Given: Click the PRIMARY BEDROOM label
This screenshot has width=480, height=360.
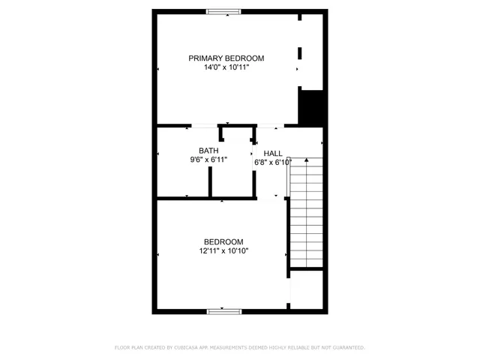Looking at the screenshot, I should pos(226,58).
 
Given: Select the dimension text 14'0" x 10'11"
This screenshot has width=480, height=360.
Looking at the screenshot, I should pos(226,67).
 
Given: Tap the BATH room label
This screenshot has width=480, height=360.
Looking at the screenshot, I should pos(208,150).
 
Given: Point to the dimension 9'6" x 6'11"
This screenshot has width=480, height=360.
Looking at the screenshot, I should pos(208,160).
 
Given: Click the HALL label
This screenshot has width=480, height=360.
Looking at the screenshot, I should pos(273,153).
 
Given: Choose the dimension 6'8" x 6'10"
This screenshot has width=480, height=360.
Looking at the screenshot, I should pos(273,162).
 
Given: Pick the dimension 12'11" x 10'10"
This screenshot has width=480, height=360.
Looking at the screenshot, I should pos(223,251).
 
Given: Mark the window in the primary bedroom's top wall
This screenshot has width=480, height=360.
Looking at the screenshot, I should pos(224,11).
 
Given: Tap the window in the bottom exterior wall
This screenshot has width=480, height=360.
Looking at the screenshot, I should pos(224,310).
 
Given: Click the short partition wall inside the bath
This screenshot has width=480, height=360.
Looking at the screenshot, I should pos(211,182).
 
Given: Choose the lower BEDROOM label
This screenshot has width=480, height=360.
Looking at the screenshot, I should pos(223,241).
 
